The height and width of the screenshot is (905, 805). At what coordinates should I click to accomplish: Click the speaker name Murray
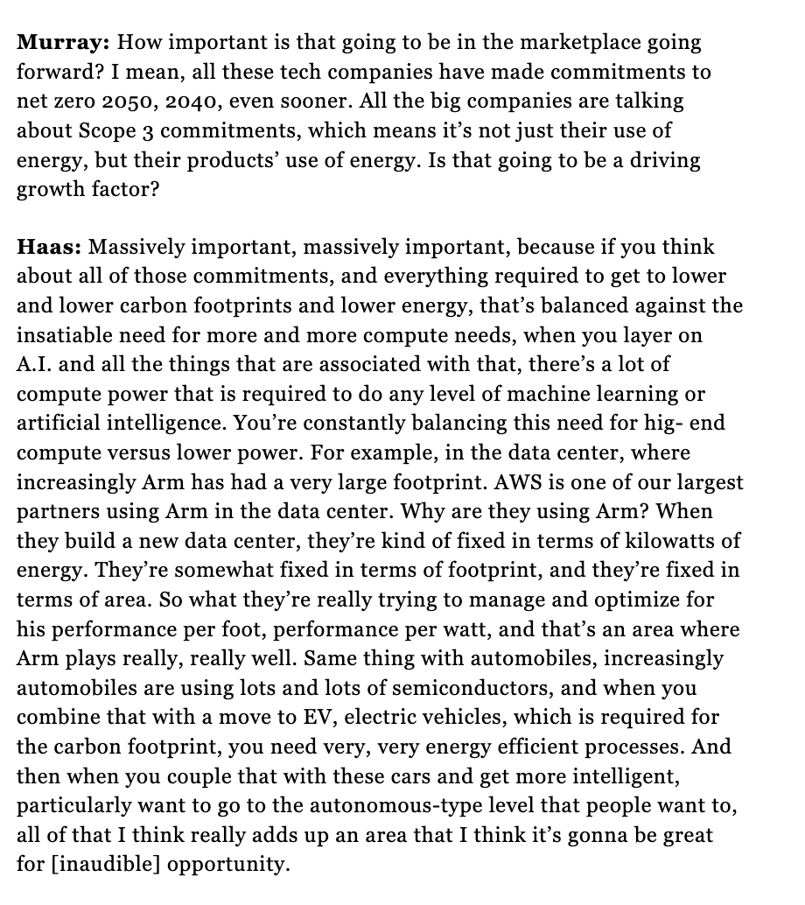click(x=60, y=42)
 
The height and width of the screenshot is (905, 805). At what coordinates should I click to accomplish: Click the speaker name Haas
click(x=49, y=247)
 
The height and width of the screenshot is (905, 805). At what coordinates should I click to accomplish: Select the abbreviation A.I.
click(x=35, y=365)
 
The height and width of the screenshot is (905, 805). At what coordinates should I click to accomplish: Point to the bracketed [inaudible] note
click(x=105, y=865)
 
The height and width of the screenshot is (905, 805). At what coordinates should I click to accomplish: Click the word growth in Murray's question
click(x=52, y=189)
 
